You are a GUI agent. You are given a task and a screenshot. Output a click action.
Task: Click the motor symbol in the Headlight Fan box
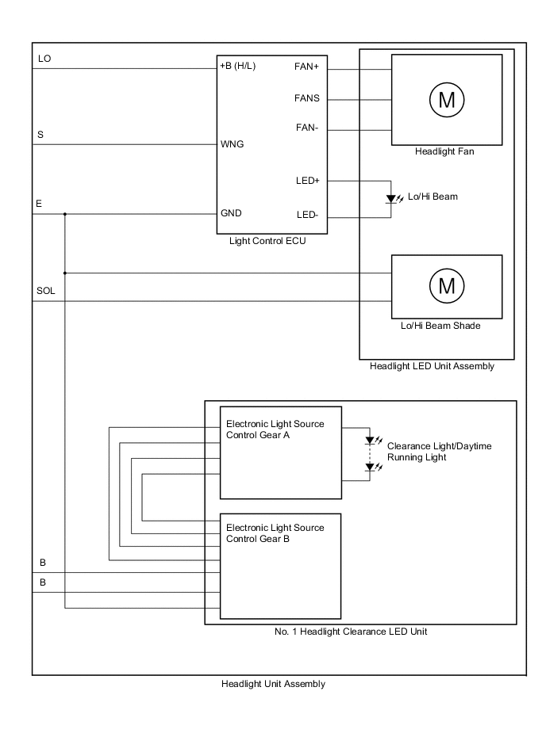(x=446, y=100)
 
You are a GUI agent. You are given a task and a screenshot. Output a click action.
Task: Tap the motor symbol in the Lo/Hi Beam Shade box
(x=446, y=284)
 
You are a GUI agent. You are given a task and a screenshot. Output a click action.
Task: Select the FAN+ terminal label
(x=306, y=67)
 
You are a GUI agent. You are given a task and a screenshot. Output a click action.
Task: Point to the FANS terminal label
(x=307, y=98)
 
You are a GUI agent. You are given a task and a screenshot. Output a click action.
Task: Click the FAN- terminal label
(x=307, y=128)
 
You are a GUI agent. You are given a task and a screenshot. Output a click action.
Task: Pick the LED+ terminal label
(x=307, y=181)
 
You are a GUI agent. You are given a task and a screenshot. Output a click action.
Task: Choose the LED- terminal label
(x=307, y=215)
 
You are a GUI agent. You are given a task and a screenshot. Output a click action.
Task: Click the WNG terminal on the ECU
(x=232, y=144)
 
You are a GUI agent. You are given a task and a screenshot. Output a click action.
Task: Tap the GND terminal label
(x=231, y=213)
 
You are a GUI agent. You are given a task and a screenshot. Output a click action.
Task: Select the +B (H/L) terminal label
(x=238, y=67)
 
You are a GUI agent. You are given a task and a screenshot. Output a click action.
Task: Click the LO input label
(x=44, y=59)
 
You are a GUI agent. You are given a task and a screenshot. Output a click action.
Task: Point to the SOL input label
(x=46, y=291)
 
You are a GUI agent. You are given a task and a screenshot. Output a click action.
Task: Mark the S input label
(x=40, y=136)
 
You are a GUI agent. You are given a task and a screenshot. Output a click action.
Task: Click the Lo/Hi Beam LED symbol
(x=391, y=198)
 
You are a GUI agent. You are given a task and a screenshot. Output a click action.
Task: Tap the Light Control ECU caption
(x=267, y=242)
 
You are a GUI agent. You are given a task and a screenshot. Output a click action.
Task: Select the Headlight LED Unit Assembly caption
(x=432, y=366)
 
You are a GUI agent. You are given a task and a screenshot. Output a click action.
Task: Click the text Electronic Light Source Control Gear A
(x=275, y=429)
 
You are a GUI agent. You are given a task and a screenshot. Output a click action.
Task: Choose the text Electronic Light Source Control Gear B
(x=275, y=533)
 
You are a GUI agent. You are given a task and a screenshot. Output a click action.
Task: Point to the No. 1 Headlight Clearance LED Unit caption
(x=360, y=632)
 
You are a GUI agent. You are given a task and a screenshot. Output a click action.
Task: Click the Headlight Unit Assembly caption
(x=273, y=684)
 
